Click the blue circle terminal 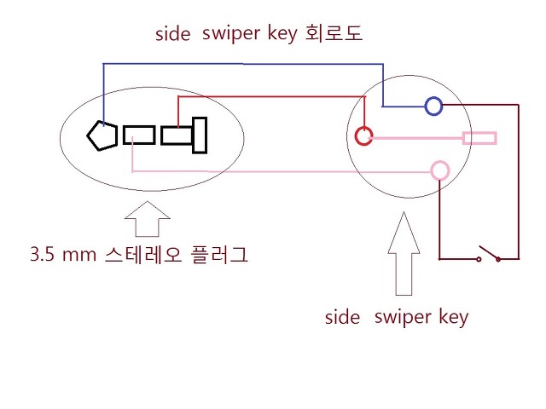[433, 107]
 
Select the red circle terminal [364, 135]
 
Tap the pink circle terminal [439, 170]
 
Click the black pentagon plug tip [102, 135]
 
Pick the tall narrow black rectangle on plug [200, 135]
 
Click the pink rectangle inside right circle [479, 138]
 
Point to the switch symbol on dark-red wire [489, 254]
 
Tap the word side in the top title [173, 35]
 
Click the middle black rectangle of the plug [138, 135]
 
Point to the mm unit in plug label [78, 255]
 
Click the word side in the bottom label [343, 319]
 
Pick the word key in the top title [282, 36]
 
